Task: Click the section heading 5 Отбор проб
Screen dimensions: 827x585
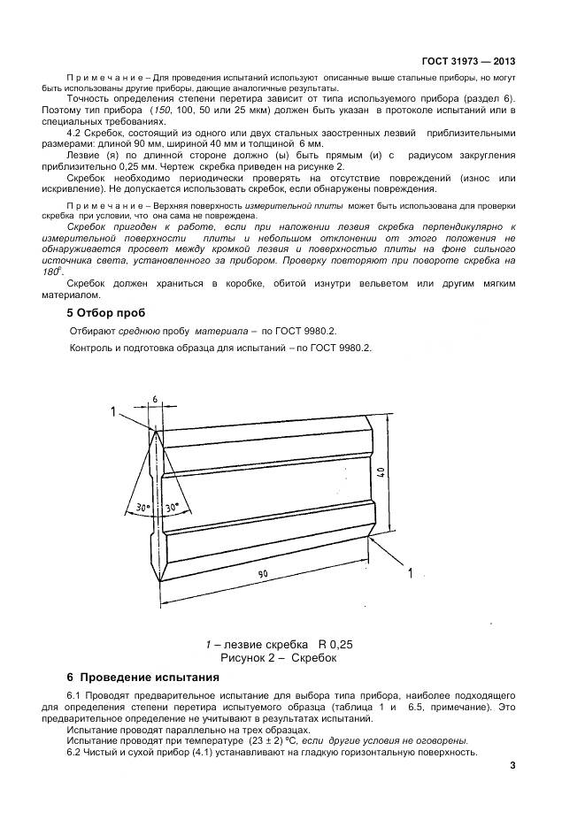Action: click(x=106, y=312)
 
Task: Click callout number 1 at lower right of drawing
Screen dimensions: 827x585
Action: click(x=409, y=573)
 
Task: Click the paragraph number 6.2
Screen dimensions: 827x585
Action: click(x=74, y=752)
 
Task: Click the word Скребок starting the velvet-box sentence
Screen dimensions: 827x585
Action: click(x=88, y=283)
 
